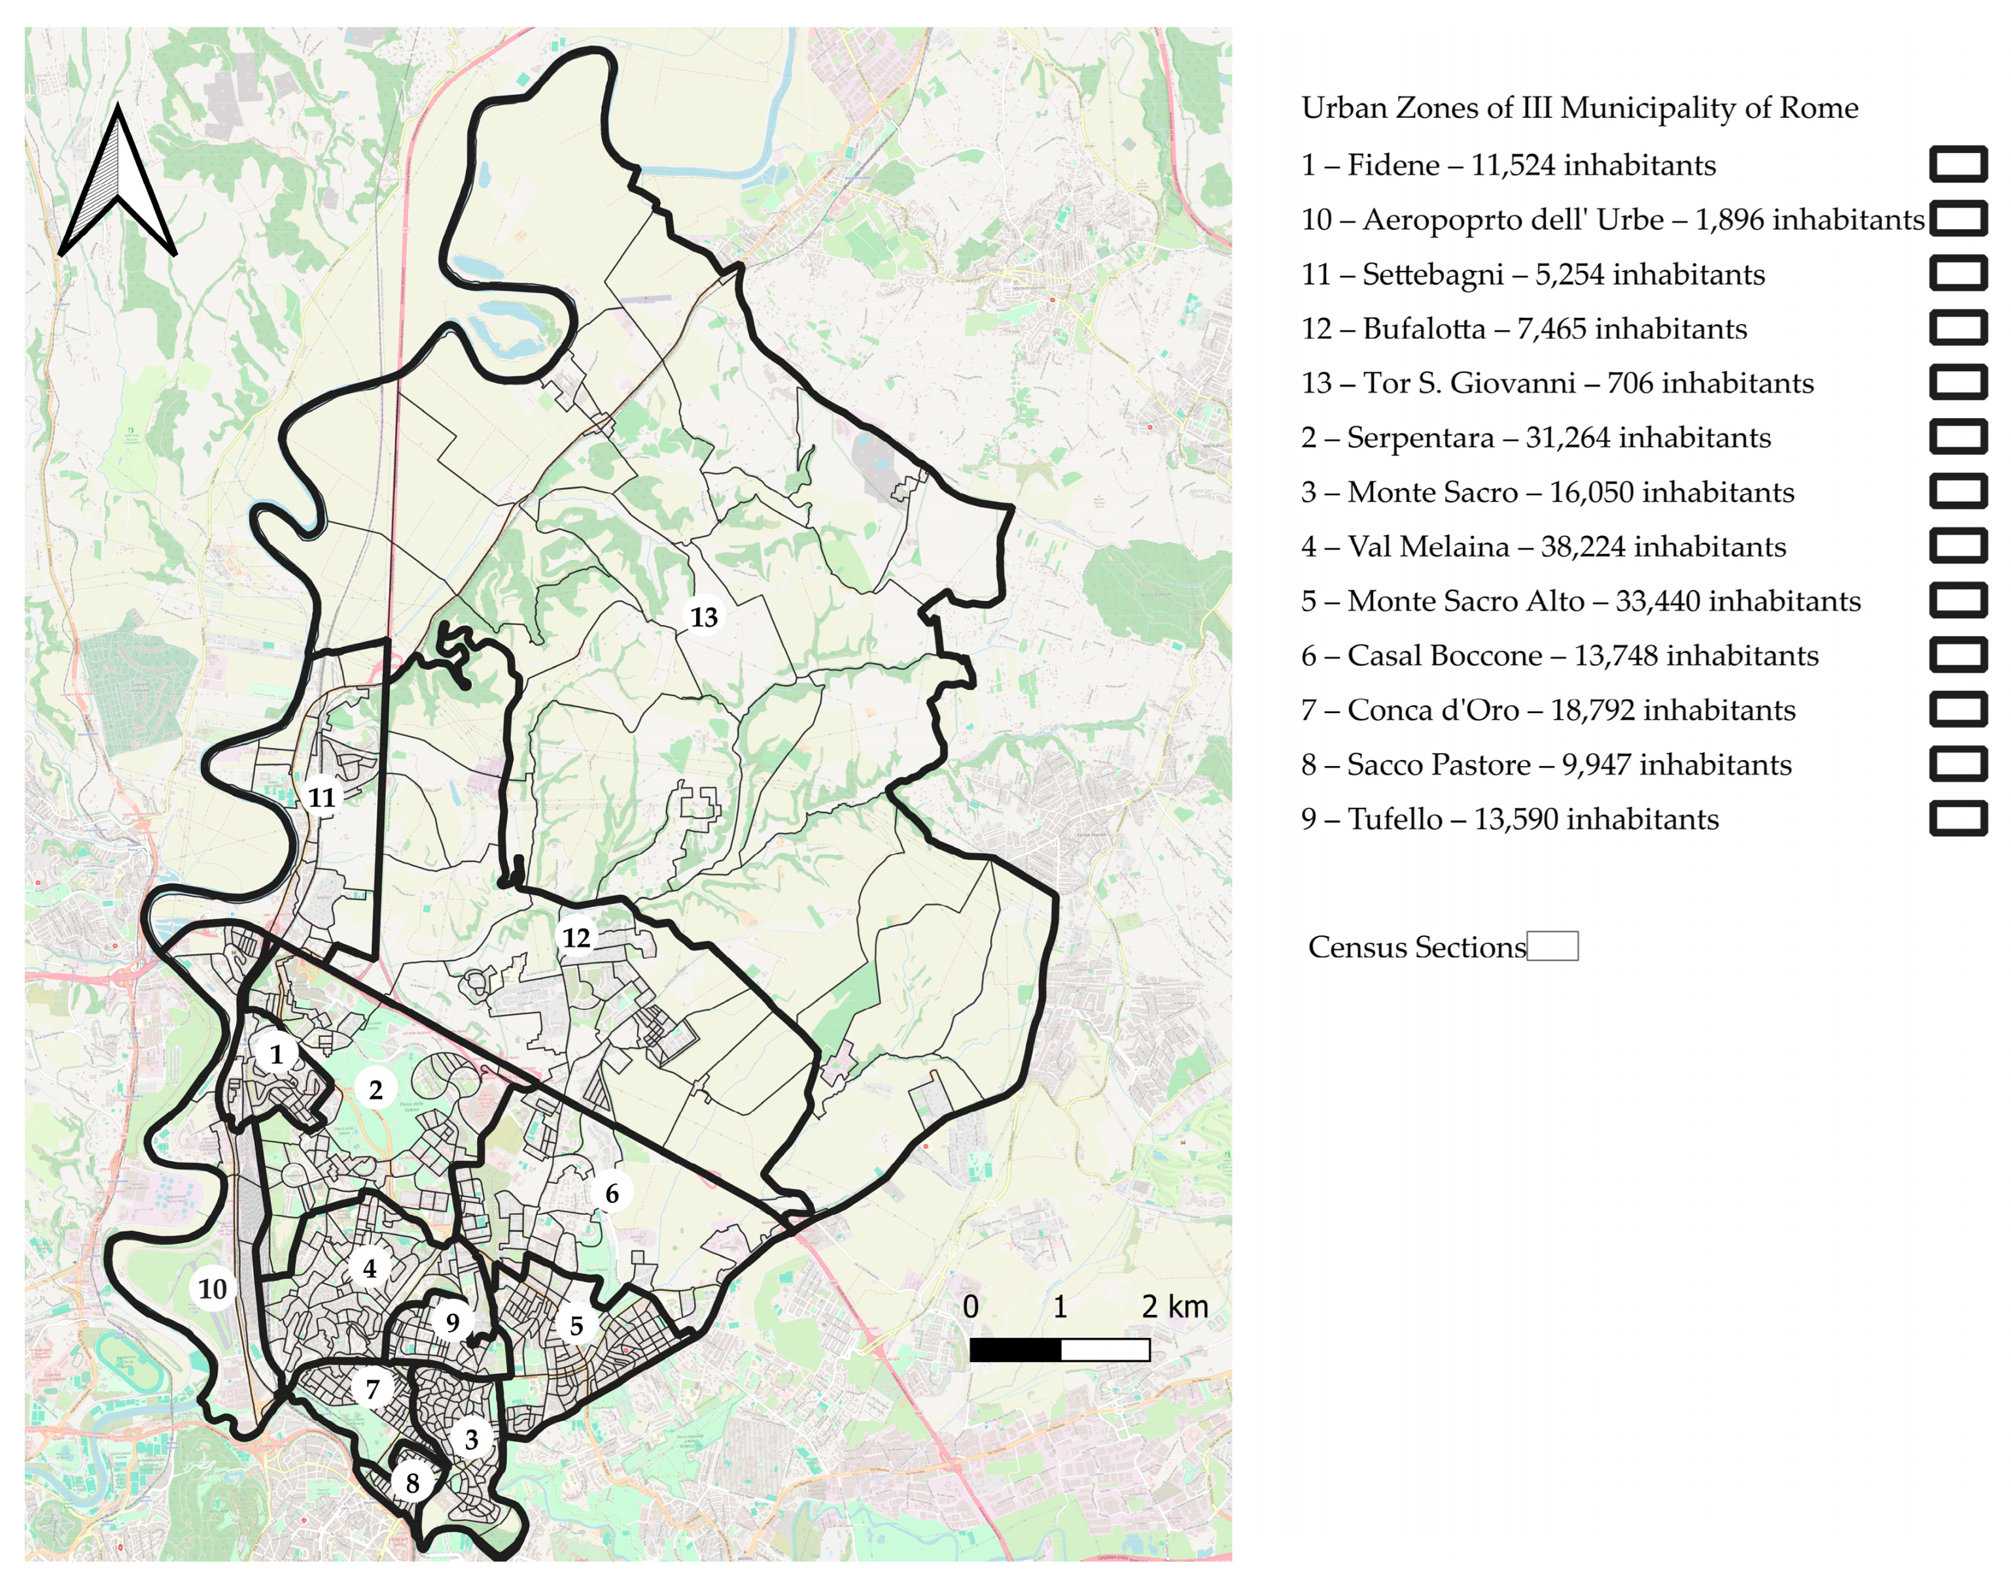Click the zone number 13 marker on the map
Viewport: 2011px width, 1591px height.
[704, 617]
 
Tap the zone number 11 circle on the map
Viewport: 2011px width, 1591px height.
[321, 797]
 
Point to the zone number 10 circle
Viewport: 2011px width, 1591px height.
[213, 1289]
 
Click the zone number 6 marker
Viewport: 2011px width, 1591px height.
[612, 1193]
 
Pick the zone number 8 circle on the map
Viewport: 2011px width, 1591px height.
[411, 1484]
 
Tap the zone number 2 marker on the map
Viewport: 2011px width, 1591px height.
[376, 1089]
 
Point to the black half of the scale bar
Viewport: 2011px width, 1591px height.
[1015, 1350]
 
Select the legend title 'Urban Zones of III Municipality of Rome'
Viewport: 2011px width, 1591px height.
[1579, 108]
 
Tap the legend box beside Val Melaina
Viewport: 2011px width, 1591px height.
[1958, 546]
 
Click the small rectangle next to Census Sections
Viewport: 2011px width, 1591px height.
[1552, 947]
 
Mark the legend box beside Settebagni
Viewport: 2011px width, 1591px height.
[1958, 274]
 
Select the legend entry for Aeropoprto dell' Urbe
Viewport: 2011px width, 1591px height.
[1611, 220]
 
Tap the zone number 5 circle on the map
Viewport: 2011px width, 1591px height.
[576, 1325]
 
